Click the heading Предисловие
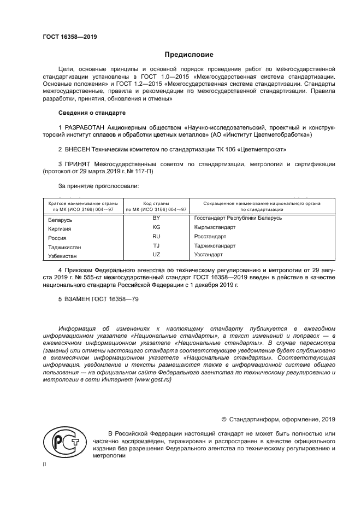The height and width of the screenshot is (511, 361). tap(190, 55)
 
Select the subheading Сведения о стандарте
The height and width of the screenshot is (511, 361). tap(92, 113)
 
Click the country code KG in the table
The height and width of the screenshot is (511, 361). tap(156, 227)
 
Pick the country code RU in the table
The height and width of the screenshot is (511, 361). tap(156, 236)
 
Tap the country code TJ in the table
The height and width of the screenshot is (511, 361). tap(156, 245)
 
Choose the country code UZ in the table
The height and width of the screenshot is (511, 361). tap(156, 255)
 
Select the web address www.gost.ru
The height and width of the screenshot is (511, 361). tap(152, 380)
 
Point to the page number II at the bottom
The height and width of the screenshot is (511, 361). tap(45, 463)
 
